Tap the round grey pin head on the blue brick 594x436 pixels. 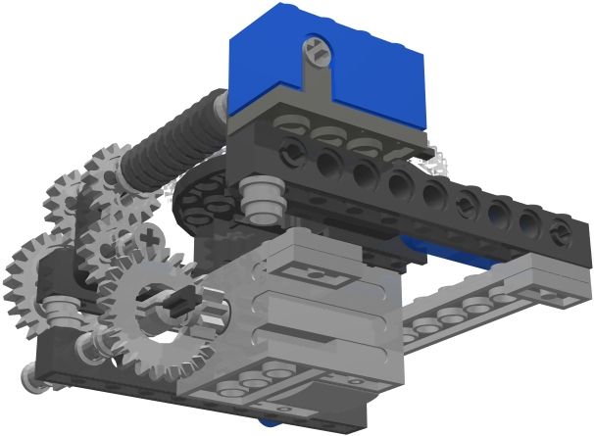315,46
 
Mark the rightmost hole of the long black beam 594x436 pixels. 560,232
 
